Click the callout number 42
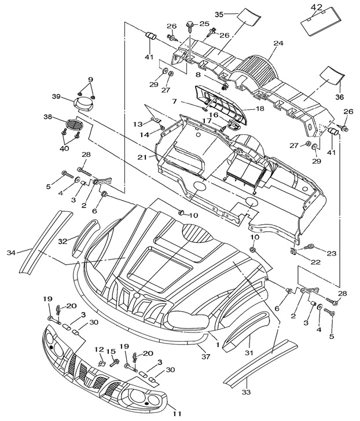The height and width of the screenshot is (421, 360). pyautogui.click(x=316, y=8)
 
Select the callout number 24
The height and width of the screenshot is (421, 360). pyautogui.click(x=278, y=43)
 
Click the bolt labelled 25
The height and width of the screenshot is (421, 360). pyautogui.click(x=190, y=25)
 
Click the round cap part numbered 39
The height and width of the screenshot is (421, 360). pyautogui.click(x=85, y=104)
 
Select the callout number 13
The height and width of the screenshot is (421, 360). pyautogui.click(x=137, y=124)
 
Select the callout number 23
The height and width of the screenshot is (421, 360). pyautogui.click(x=331, y=253)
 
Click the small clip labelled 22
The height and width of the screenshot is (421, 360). pyautogui.click(x=293, y=252)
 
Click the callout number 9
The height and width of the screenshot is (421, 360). pyautogui.click(x=90, y=79)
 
